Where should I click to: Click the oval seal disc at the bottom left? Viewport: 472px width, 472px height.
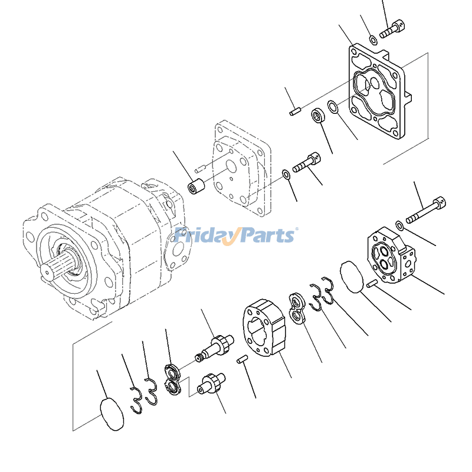click(112, 414)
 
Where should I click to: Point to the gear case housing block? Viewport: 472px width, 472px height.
click(264, 328)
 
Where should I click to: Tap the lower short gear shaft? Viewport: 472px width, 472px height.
click(211, 383)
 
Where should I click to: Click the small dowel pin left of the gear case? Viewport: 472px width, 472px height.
click(242, 359)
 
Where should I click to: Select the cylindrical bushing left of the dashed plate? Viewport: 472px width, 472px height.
click(196, 186)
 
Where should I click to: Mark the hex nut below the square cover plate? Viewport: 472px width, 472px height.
click(318, 114)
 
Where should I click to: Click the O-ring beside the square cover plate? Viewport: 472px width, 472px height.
click(333, 107)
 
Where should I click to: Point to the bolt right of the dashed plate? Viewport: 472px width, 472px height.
click(306, 163)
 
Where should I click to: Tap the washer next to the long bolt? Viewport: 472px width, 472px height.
click(399, 225)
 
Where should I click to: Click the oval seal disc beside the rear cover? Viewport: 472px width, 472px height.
click(352, 277)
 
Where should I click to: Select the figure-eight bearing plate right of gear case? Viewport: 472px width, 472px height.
click(297, 309)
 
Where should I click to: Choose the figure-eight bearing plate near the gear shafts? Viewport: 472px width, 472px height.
click(172, 379)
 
